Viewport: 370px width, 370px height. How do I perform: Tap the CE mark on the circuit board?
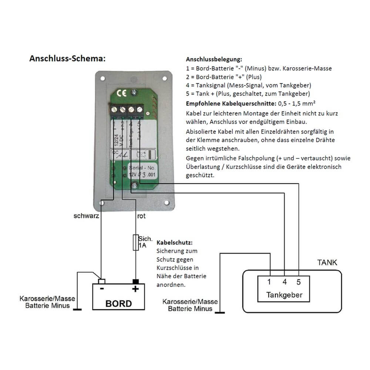122,94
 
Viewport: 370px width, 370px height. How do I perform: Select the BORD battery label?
118,303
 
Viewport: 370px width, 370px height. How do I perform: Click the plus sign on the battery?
135,289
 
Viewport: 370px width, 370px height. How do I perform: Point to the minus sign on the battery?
102,288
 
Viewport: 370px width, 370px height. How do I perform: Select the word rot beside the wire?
141,216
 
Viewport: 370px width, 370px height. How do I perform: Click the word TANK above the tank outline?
327,263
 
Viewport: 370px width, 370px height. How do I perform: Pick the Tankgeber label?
284,295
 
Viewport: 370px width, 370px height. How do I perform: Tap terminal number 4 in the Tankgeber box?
284,282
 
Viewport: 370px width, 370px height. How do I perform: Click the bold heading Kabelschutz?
175,243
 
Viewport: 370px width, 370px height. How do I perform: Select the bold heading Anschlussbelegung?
214,60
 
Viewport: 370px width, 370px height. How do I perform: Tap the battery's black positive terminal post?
135,281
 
